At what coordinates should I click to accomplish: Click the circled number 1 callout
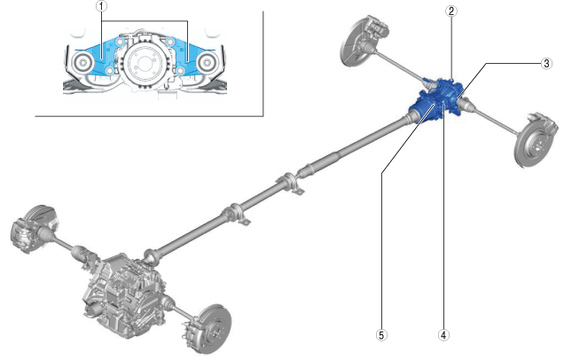tap(102, 6)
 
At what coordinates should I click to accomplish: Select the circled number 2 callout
tap(451, 11)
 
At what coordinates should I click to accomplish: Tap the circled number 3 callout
tap(546, 64)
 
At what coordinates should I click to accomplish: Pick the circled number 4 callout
tap(443, 335)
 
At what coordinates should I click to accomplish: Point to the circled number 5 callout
tap(381, 335)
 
